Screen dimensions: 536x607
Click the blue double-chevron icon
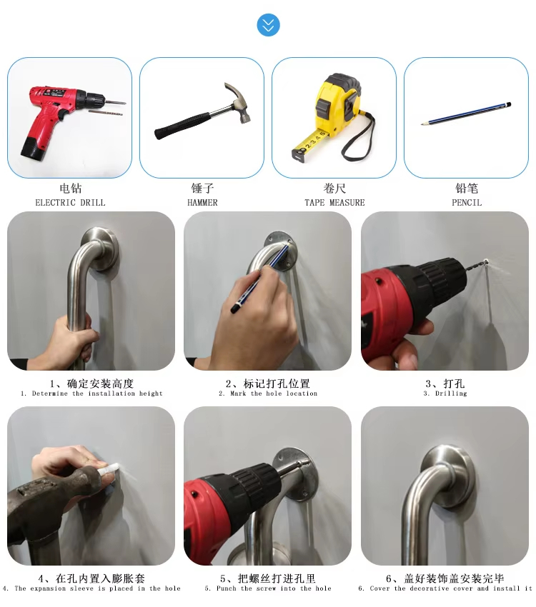pos(268,25)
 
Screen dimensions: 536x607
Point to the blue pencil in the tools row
pos(466,114)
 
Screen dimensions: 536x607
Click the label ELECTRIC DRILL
pos(70,203)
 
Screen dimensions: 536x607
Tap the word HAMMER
pos(202,203)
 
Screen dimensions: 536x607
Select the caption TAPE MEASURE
pos(334,203)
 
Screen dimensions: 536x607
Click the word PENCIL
pos(467,203)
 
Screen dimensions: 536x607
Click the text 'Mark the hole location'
pos(274,393)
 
